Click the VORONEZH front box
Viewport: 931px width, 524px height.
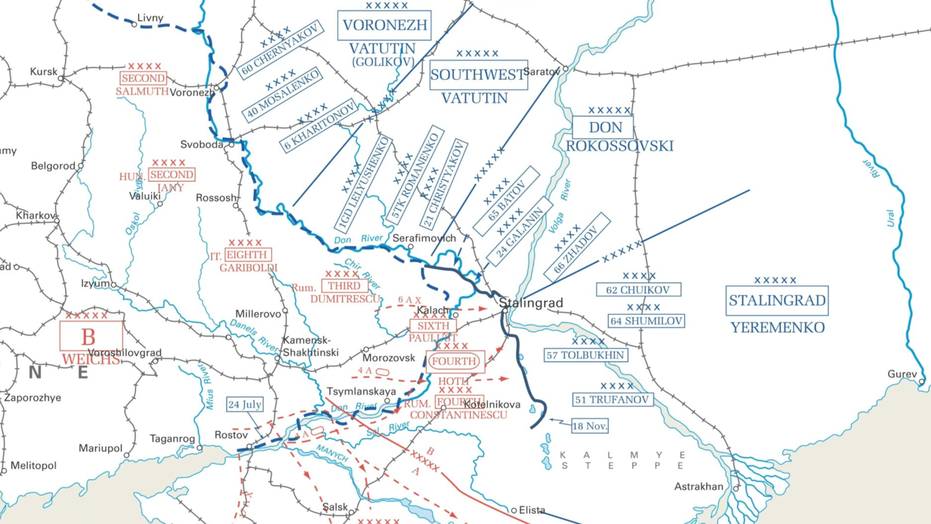pos(384,25)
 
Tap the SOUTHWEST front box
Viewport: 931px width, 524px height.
pos(478,75)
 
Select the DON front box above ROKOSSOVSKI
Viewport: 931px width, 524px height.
pos(603,127)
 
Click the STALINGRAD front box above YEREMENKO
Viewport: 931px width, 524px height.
pos(777,301)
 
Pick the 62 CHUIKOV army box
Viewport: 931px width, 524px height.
pos(638,290)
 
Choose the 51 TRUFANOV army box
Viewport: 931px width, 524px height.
pos(612,400)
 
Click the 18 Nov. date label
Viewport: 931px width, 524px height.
pos(589,426)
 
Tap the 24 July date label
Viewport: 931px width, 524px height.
pos(245,405)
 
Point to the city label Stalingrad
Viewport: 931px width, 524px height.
pos(531,303)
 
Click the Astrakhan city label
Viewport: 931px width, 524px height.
pos(698,487)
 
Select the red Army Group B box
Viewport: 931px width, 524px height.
pos(91,336)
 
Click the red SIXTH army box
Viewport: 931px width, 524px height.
pos(433,326)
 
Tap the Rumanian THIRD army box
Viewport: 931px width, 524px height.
pos(344,286)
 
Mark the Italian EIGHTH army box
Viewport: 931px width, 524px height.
pos(248,255)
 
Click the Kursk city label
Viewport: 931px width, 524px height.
pos(43,72)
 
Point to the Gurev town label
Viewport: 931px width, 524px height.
pos(902,374)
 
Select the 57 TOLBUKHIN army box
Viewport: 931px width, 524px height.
pos(585,355)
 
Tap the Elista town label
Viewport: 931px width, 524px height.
pos(532,510)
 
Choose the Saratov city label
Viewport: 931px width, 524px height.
pos(541,72)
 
